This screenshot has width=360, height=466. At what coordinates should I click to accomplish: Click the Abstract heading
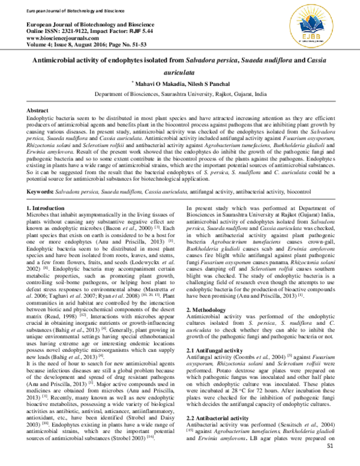pyautogui.click(x=38, y=112)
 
